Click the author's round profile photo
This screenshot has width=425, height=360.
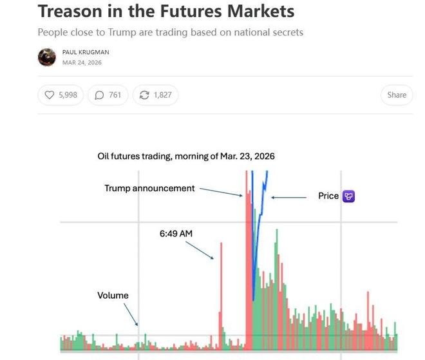(47, 57)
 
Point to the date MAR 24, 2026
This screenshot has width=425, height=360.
(82, 62)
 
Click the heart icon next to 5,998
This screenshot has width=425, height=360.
(50, 95)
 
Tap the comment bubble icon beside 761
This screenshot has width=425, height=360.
(99, 95)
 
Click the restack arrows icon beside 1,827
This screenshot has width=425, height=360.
(144, 95)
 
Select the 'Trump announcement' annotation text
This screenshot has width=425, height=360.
(149, 189)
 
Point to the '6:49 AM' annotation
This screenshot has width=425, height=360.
(176, 234)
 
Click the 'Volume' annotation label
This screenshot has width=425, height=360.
(113, 296)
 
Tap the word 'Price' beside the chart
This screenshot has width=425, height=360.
(328, 196)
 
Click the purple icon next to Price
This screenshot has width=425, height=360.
(348, 196)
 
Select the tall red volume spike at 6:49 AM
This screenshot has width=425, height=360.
(221, 290)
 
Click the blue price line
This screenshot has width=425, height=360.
(254, 258)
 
